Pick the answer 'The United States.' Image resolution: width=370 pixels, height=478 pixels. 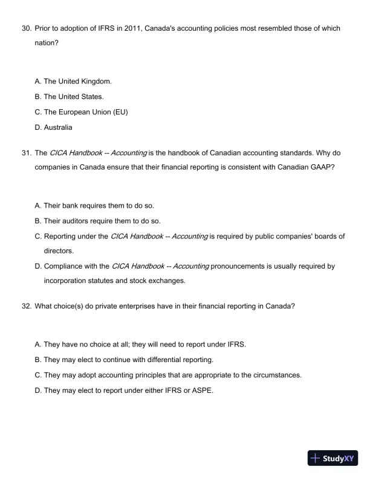click(74, 96)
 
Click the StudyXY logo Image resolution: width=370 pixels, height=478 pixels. click(332, 458)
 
